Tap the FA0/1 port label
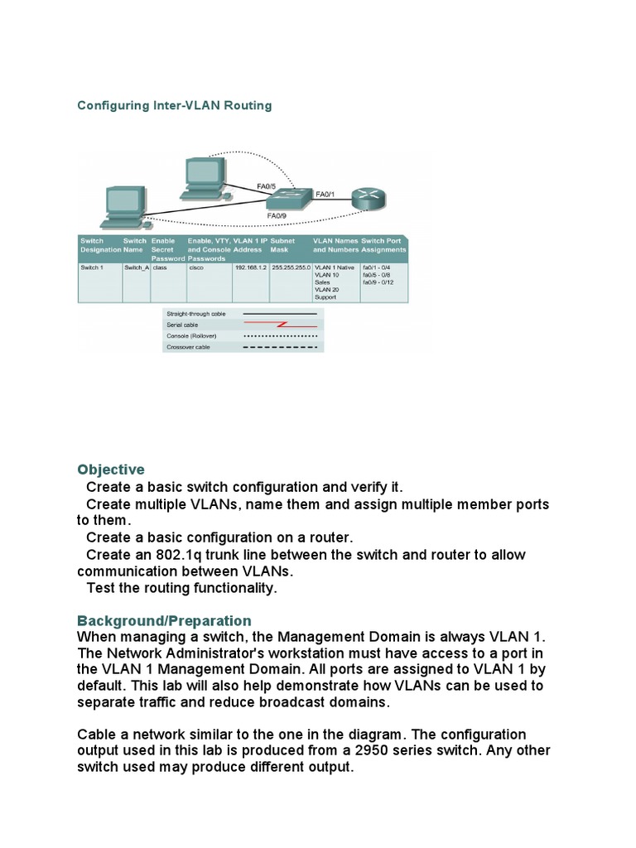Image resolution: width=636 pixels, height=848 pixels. [x=325, y=194]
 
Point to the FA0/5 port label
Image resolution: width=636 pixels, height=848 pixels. [x=267, y=186]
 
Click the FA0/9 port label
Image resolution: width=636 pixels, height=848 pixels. [x=277, y=215]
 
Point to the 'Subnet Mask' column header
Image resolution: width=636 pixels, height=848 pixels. [x=283, y=244]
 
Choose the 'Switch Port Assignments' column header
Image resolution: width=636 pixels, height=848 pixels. [x=384, y=244]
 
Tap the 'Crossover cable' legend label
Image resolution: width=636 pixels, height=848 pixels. [x=188, y=347]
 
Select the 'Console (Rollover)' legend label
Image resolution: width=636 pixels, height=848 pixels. [x=191, y=336]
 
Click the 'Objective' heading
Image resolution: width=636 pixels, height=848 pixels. [x=110, y=470]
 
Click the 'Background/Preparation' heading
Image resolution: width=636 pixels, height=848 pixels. [x=164, y=620]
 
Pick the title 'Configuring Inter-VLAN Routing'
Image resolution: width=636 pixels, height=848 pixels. [x=174, y=106]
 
